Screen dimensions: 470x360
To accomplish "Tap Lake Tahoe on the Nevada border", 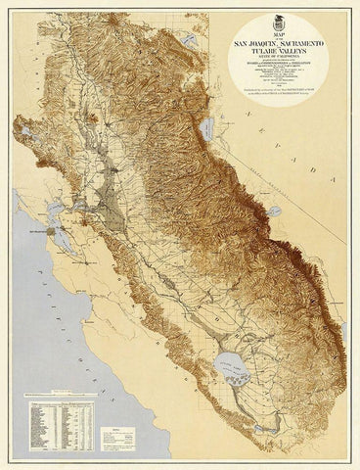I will (208, 128).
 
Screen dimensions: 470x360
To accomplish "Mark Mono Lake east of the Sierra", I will (275, 210).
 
